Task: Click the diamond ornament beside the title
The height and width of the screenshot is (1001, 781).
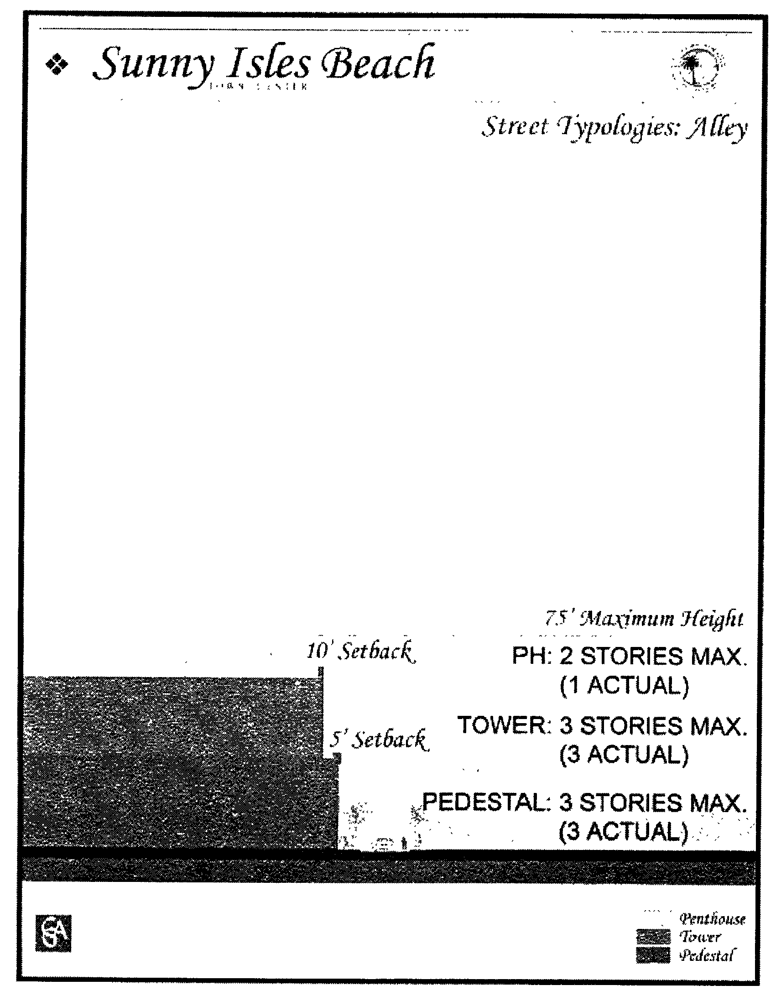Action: [57, 65]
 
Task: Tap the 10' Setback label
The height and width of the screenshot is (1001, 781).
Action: [360, 652]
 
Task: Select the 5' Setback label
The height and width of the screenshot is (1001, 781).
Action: [379, 740]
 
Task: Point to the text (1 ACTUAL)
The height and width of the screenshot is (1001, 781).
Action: [624, 686]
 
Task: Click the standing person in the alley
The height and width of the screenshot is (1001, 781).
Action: [404, 843]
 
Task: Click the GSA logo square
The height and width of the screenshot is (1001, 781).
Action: [53, 933]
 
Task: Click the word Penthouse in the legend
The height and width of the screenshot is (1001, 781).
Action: [712, 918]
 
